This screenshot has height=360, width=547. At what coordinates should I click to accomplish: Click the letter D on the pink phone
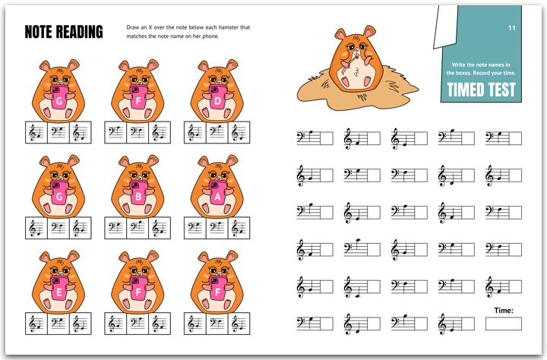tap(218, 101)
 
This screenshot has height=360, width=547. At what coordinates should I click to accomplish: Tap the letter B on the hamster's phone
tap(138, 197)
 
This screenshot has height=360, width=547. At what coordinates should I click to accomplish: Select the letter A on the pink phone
tap(218, 197)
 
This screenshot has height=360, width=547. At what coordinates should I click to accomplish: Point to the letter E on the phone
tap(59, 292)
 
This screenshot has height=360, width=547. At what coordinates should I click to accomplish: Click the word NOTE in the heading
tap(39, 32)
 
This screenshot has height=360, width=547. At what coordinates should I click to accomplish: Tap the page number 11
tap(512, 28)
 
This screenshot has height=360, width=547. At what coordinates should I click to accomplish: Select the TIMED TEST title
tap(481, 90)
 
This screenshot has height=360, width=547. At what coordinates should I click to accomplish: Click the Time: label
tap(504, 310)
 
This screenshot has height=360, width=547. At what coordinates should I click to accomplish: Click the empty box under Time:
tap(504, 324)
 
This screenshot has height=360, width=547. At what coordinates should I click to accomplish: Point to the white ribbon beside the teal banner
tap(445, 27)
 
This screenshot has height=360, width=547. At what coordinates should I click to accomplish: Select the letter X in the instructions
tap(150, 27)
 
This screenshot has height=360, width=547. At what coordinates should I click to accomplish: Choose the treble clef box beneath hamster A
tap(239, 228)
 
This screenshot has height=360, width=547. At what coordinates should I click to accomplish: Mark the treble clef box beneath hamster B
tap(160, 228)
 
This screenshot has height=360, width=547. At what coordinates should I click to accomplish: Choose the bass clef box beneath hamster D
tap(217, 133)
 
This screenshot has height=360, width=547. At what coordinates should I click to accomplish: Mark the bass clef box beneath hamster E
tap(58, 324)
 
